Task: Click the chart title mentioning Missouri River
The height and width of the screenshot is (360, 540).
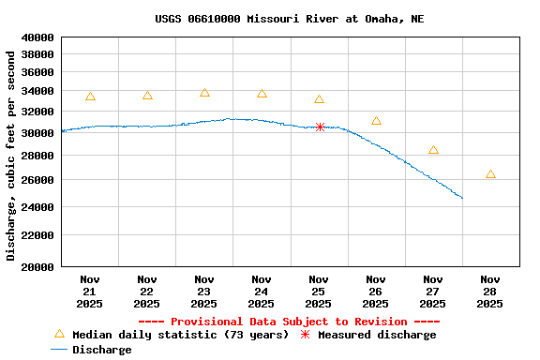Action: pos(289,19)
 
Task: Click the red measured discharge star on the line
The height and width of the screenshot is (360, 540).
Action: pos(320,127)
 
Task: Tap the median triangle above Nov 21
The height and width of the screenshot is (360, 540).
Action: pos(90,97)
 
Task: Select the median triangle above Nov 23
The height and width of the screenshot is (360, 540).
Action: pos(204,93)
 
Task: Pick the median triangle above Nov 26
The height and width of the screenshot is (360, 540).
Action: pos(376,121)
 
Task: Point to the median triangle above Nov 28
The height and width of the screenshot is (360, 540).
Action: pos(490,174)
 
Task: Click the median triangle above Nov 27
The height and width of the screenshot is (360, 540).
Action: pos(433,150)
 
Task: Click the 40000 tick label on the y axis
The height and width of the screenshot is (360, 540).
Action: pos(37,37)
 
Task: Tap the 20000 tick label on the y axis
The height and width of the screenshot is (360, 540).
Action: pos(37,267)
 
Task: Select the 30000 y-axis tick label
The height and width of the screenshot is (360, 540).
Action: pos(37,133)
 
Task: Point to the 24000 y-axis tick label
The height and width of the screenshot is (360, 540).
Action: pos(37,207)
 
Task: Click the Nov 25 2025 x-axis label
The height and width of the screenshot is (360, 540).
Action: pos(319,292)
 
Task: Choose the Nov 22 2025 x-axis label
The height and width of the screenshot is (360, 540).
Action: pos(147,292)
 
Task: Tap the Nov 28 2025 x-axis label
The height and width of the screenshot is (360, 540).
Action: pos(489,292)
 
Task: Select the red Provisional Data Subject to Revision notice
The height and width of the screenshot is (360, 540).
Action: pos(289,322)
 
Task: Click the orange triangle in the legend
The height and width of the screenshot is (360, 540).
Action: pos(59,334)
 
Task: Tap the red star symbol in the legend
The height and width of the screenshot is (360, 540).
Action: pos(305,335)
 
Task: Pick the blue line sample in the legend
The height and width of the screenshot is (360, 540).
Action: pos(59,350)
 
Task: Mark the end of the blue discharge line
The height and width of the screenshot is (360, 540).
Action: pos(462,198)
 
